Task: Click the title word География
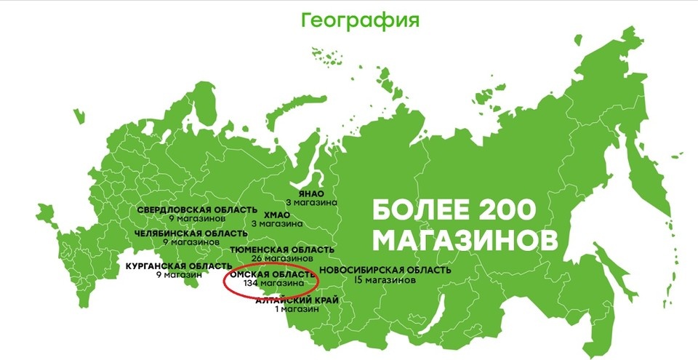tap(360, 20)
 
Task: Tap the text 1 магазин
tap(297, 309)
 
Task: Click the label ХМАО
tap(276, 215)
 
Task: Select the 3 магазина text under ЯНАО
tap(311, 202)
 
